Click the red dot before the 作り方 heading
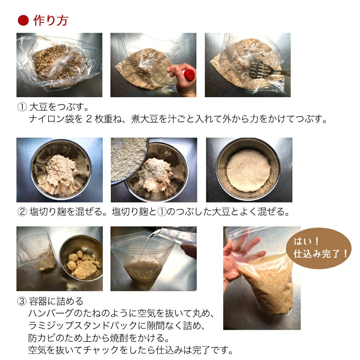pos(23,20)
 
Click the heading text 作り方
pos(51,20)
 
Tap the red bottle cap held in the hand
pos(189,75)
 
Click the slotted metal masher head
pos(259,69)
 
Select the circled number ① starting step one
pos(22,107)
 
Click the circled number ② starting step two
pos(22,212)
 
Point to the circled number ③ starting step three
pos(22,301)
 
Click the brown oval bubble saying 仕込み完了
pos(319,248)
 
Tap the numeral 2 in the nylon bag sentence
pos(89,119)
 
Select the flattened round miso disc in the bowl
pos(248,170)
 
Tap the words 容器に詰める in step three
pos(56,301)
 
